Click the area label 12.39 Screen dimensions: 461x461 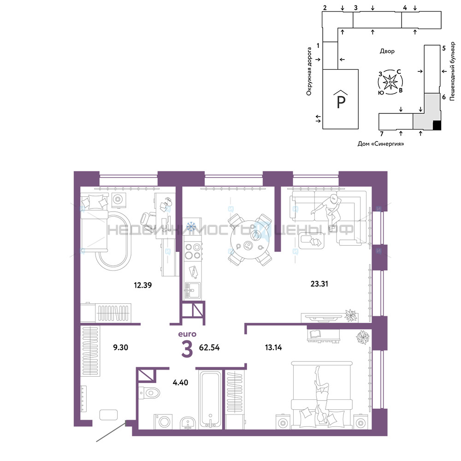coord(142,285)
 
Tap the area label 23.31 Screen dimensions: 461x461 coord(319,284)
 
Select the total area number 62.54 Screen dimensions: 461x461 coord(209,348)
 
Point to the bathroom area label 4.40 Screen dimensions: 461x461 coord(180,383)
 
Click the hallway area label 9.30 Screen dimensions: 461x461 coord(120,347)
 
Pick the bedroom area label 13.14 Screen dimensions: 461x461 coord(273,348)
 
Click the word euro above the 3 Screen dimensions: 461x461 coord(187,334)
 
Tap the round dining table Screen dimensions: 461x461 coord(250,240)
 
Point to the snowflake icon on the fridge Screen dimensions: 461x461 coord(192,226)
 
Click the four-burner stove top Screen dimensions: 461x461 coord(193,251)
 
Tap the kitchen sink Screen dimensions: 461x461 coord(192,290)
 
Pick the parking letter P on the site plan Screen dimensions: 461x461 coord(341,102)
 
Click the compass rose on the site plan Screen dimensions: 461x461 coord(390,82)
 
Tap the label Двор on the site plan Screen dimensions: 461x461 coord(387,51)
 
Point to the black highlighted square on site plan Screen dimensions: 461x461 coord(437,125)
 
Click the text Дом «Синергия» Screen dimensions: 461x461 coord(381,144)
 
